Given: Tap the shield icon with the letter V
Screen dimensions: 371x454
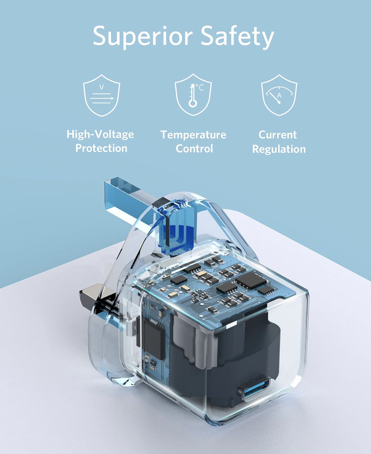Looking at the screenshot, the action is click(102, 95).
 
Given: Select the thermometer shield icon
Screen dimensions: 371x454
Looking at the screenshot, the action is click(193, 95).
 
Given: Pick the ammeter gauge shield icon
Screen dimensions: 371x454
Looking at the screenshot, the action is click(279, 95).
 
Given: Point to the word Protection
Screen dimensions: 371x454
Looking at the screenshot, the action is click(101, 148).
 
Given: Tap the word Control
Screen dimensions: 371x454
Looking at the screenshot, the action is click(194, 149).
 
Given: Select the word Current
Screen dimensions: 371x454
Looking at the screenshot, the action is click(278, 135).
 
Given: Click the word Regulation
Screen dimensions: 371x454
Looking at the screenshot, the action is click(279, 149).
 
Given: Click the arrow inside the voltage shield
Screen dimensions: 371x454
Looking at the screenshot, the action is click(102, 98).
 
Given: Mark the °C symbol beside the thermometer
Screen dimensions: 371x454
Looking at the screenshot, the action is click(200, 87).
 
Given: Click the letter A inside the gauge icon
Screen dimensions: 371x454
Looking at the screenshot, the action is click(279, 95).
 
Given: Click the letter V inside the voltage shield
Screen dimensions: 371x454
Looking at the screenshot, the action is click(101, 87).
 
